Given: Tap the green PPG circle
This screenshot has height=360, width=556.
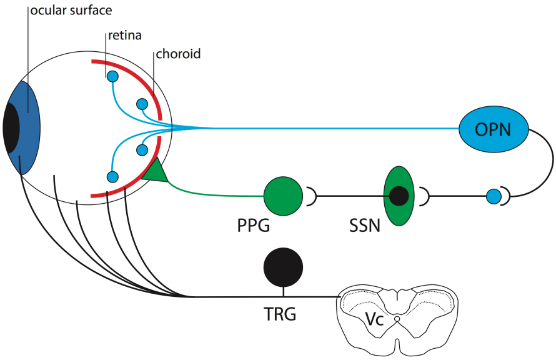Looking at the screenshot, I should [284, 196].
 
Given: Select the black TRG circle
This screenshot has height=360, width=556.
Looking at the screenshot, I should [284, 266].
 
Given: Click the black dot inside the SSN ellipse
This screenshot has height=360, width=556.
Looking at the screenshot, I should [399, 196].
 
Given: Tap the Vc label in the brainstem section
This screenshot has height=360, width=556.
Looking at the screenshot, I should [374, 319].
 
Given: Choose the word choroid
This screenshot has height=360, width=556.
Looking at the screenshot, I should [178, 54].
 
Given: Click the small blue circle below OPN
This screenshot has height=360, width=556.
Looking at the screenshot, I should [494, 197].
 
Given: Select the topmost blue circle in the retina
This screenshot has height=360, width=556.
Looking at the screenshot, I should [112, 77].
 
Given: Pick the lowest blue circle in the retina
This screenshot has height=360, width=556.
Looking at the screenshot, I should [112, 177].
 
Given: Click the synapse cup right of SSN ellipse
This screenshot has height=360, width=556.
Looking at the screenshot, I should [424, 197].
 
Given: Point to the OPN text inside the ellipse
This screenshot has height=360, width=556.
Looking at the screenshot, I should [493, 129].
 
